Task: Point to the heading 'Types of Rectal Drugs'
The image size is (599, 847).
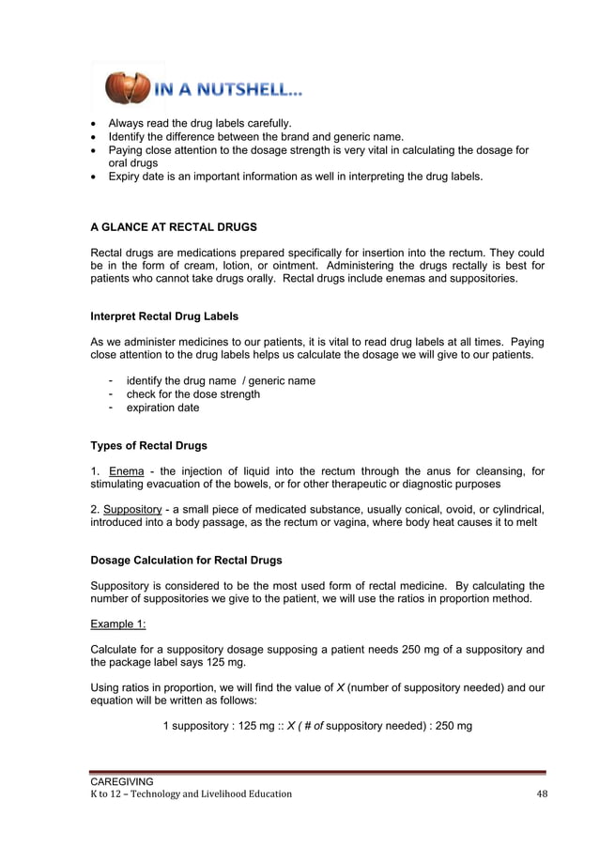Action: (x=148, y=445)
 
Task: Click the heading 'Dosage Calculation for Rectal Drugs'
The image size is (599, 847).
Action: (x=186, y=561)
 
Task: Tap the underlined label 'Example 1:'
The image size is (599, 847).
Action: (x=118, y=624)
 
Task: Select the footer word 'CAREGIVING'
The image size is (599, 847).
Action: (x=121, y=780)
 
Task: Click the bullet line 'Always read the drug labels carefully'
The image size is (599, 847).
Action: (x=200, y=123)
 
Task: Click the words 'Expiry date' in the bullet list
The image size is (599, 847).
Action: (x=137, y=176)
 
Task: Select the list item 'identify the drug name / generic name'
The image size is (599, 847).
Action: (x=221, y=380)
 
